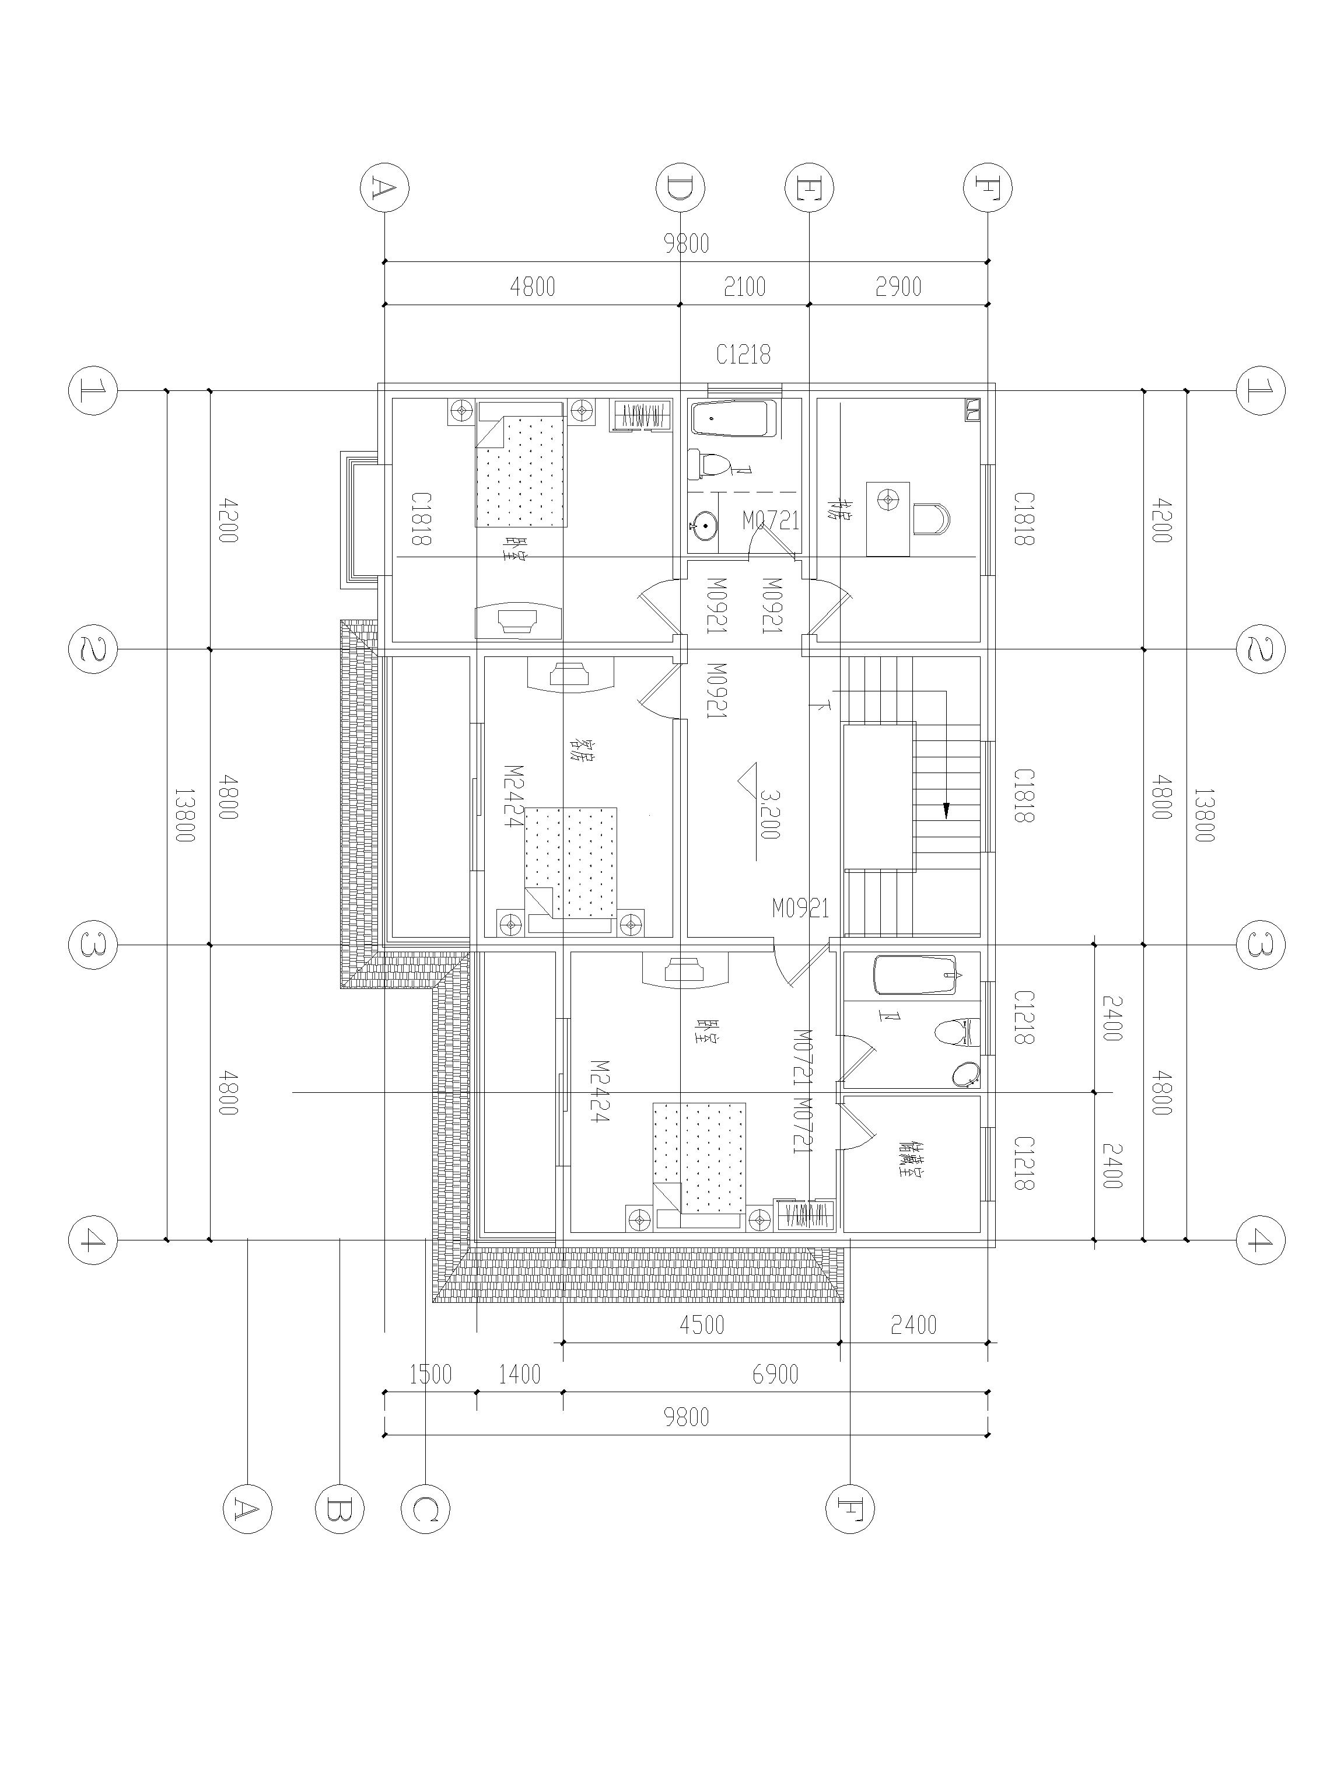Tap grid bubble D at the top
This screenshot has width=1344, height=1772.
coord(680,187)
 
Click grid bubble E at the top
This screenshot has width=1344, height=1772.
coord(809,187)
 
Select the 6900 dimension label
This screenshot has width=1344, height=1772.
coord(775,1375)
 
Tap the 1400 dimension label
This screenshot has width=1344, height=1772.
coord(519,1375)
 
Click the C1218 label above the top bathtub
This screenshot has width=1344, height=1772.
coord(743,355)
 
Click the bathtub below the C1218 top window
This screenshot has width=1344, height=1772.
coord(734,419)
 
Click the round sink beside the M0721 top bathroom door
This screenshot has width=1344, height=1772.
coord(703,526)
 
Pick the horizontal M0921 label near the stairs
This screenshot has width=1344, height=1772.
coord(800,908)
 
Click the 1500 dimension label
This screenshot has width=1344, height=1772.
coord(431,1375)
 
